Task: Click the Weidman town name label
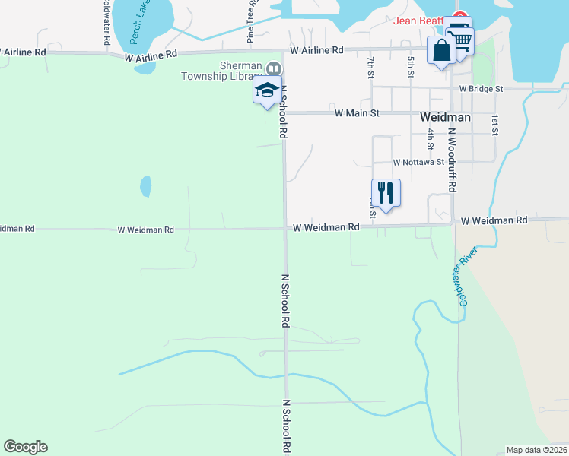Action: coord(445,118)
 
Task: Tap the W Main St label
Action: coord(357,113)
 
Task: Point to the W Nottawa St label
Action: coord(418,162)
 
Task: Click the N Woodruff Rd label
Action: coord(452,160)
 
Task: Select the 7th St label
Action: coord(370,66)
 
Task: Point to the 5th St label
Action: coord(411,66)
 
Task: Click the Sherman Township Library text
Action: coord(220,71)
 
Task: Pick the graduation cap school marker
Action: coord(267,90)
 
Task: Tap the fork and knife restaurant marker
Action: coord(386,192)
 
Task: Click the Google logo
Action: coord(25,447)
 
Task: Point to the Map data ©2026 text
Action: coord(536,450)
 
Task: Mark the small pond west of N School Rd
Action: coord(145,186)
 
